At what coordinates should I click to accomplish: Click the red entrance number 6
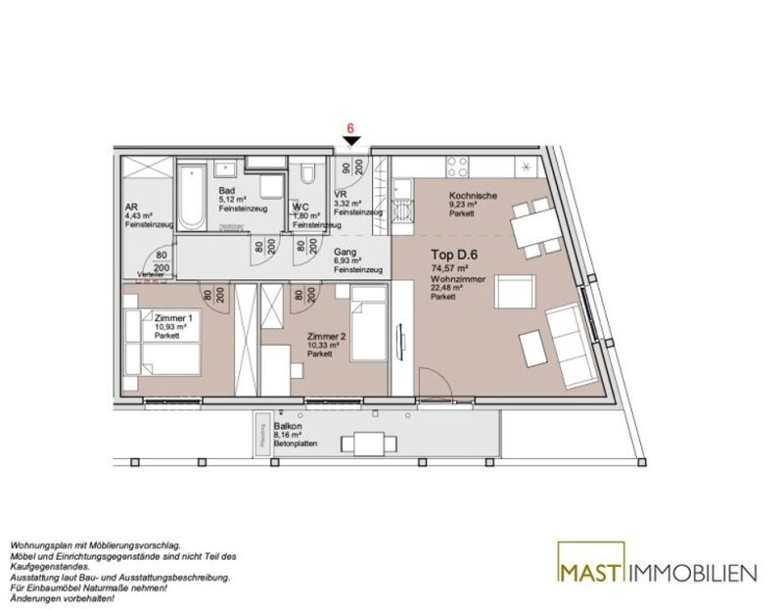tap(349, 128)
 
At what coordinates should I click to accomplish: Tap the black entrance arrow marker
tap(349, 144)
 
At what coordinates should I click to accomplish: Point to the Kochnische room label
tap(474, 195)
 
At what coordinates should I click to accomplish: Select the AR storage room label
tap(131, 208)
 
